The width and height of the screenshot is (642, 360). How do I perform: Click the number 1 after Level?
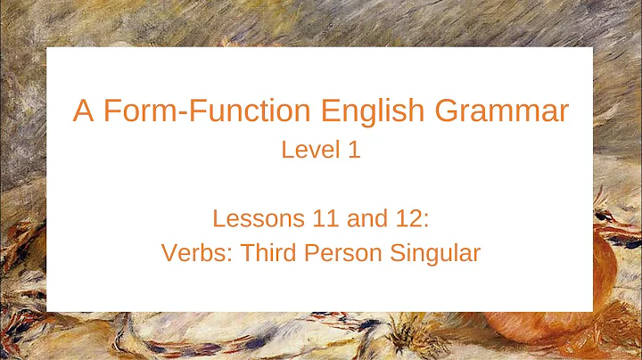click(354, 150)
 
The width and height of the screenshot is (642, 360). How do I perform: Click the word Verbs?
click(190, 253)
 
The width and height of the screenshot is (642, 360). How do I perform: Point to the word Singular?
click(434, 253)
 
